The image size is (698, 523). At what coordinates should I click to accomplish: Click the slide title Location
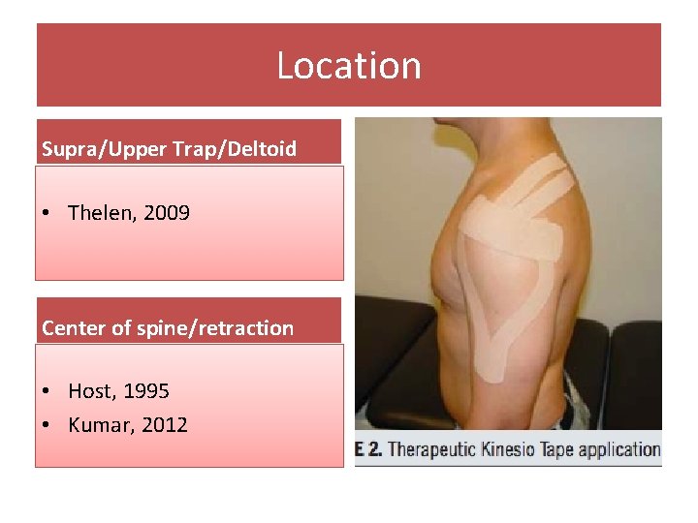349,66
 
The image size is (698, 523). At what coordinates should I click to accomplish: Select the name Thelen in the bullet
101,212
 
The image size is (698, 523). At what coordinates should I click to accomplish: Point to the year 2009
167,212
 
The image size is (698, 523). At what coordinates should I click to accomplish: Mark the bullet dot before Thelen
49,213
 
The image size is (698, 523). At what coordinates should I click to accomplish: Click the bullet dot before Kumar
49,425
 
